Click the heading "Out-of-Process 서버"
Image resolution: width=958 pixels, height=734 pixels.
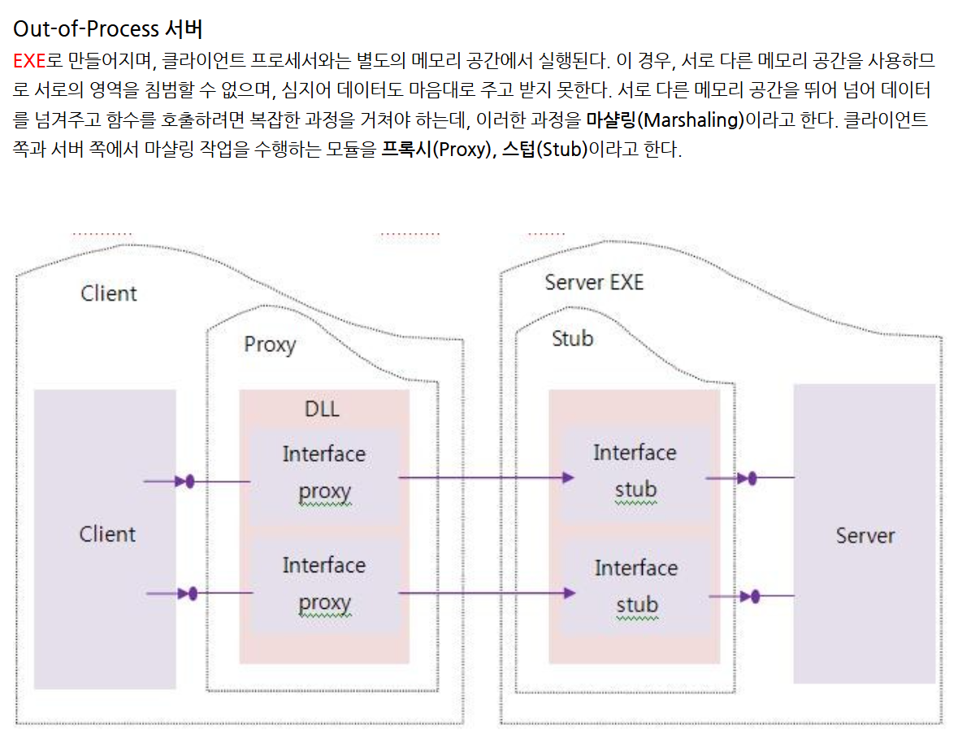tap(107, 29)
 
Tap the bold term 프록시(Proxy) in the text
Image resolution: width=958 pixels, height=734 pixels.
tap(434, 150)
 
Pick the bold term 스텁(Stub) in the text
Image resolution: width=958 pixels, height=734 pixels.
tap(544, 150)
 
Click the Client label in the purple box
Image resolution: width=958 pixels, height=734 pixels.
tap(107, 534)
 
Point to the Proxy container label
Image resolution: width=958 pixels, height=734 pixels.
tap(270, 345)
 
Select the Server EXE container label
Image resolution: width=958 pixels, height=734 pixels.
tap(593, 282)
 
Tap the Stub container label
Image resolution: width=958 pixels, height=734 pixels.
tap(572, 338)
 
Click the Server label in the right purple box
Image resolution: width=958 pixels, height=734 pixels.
tap(865, 536)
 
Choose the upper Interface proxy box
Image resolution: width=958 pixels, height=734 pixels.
tap(323, 473)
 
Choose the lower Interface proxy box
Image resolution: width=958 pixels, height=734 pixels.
tap(323, 584)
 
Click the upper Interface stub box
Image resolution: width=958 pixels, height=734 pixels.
tap(635, 471)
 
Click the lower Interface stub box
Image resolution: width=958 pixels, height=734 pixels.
tap(635, 586)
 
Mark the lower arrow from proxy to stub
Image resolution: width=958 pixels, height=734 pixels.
tap(486, 593)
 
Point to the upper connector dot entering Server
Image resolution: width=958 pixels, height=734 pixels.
tap(752, 478)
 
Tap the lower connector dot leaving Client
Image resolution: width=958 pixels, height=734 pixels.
tap(193, 594)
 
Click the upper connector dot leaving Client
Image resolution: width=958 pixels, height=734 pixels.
tap(190, 482)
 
